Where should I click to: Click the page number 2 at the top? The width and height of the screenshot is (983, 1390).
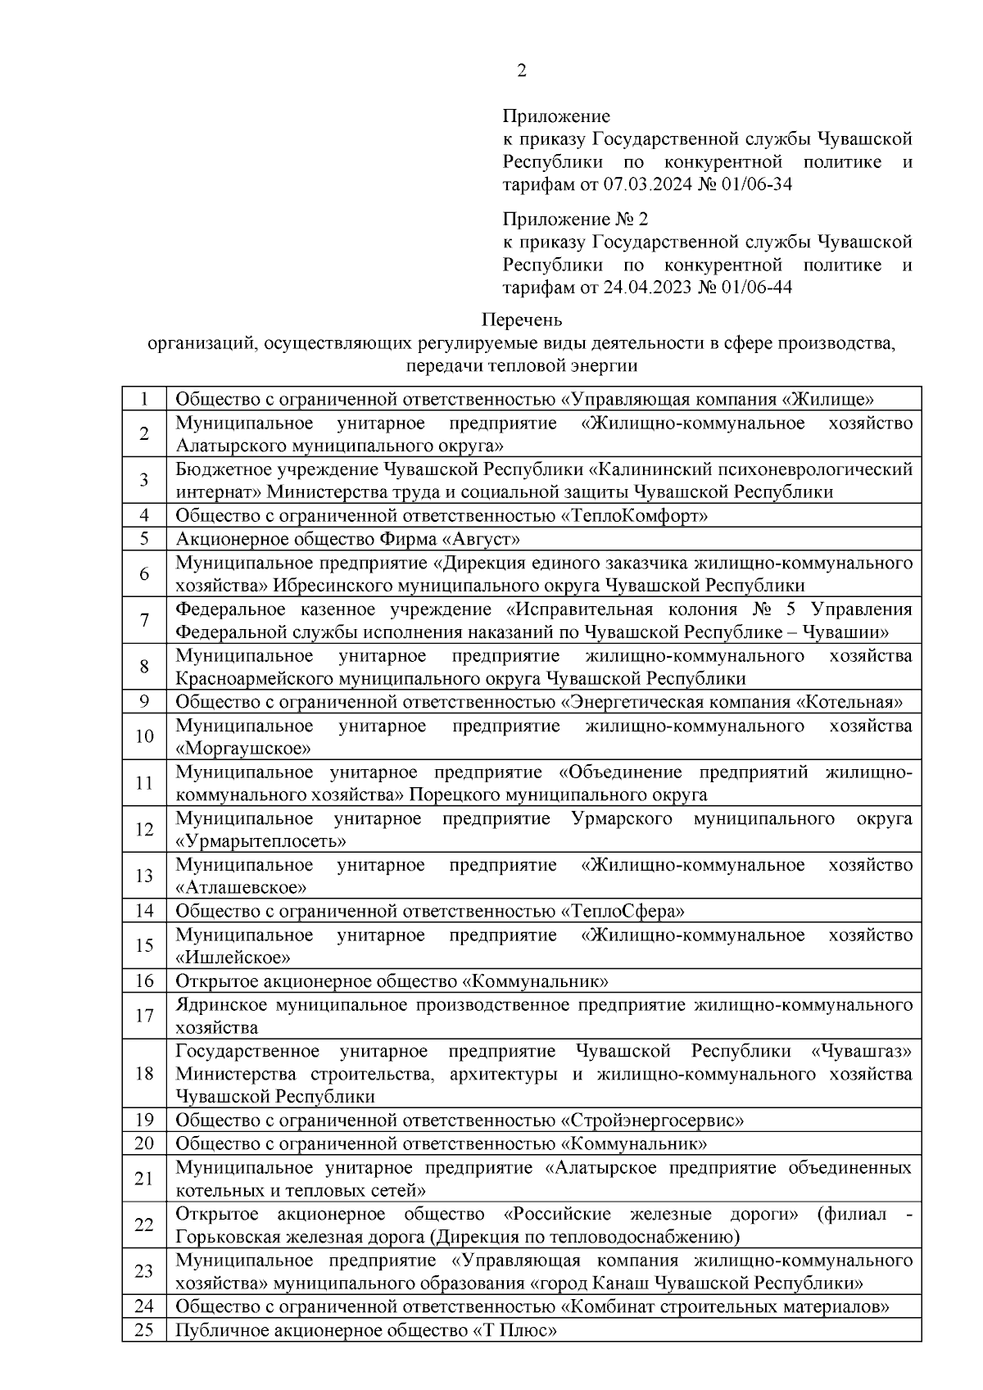click(522, 71)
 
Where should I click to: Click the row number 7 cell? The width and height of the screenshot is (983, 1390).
click(144, 620)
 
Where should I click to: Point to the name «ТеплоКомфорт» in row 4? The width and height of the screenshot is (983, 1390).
click(634, 515)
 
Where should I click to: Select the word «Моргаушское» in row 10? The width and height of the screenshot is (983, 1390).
click(243, 748)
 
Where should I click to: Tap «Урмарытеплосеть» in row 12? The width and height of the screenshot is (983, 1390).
click(260, 841)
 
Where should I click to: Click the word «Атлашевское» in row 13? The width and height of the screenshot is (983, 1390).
click(242, 887)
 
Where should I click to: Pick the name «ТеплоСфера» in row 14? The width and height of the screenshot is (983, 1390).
click(623, 911)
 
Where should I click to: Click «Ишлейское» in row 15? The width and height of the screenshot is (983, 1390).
click(233, 958)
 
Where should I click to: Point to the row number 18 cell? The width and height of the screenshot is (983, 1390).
click(144, 1073)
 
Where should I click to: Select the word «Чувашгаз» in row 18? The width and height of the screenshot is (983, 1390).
click(860, 1051)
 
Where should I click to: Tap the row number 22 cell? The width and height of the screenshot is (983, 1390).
click(144, 1225)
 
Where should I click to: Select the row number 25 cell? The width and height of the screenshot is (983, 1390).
click(144, 1330)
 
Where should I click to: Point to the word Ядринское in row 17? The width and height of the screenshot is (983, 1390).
click(220, 1004)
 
